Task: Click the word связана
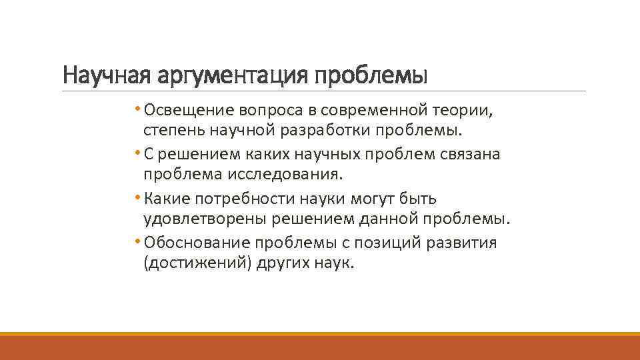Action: pos(469,153)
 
